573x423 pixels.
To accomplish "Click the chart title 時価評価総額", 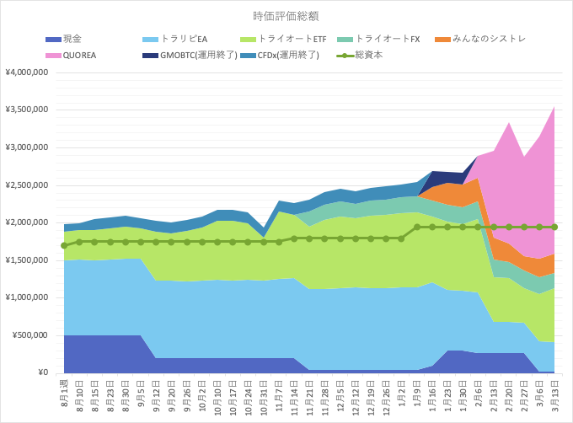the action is (286, 16).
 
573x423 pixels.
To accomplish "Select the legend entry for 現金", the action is (63, 39).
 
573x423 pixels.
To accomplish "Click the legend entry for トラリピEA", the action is (175, 39).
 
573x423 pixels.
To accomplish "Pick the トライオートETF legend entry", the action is (283, 39).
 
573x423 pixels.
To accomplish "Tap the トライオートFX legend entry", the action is (378, 39).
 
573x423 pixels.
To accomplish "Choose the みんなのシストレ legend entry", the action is (480, 39).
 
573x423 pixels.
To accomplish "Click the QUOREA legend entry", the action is (71, 56).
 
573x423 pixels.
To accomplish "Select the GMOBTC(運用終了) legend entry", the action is (190, 56).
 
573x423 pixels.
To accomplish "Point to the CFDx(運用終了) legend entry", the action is (280, 56).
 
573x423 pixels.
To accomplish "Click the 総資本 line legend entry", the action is (360, 56).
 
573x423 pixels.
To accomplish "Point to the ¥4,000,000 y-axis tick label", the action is (27, 72).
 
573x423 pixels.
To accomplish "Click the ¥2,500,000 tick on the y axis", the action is (27, 185).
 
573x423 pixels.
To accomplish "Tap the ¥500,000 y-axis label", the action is (30, 335).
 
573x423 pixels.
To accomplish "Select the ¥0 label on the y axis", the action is (43, 372).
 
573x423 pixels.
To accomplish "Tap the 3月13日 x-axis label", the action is (554, 395).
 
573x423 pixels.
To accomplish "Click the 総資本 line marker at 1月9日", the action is (417, 228).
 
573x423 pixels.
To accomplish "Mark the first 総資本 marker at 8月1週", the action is (64, 245).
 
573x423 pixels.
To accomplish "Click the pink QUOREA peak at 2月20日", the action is (509, 123).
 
